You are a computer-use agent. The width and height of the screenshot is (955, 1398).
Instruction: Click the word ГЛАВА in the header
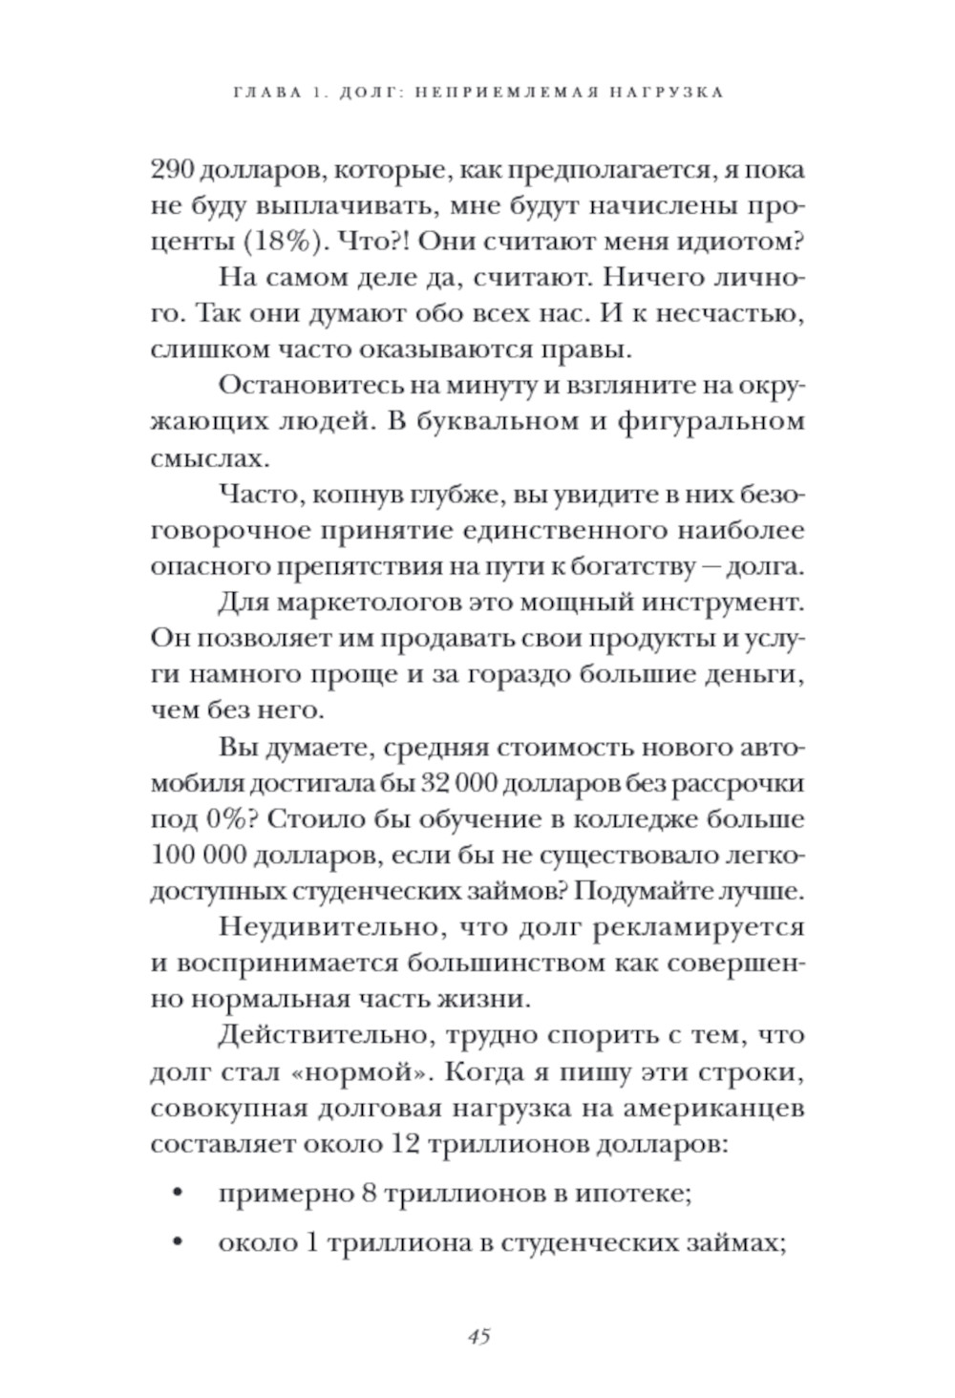click(x=264, y=93)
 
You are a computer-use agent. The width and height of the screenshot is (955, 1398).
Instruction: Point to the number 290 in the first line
click(x=173, y=171)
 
